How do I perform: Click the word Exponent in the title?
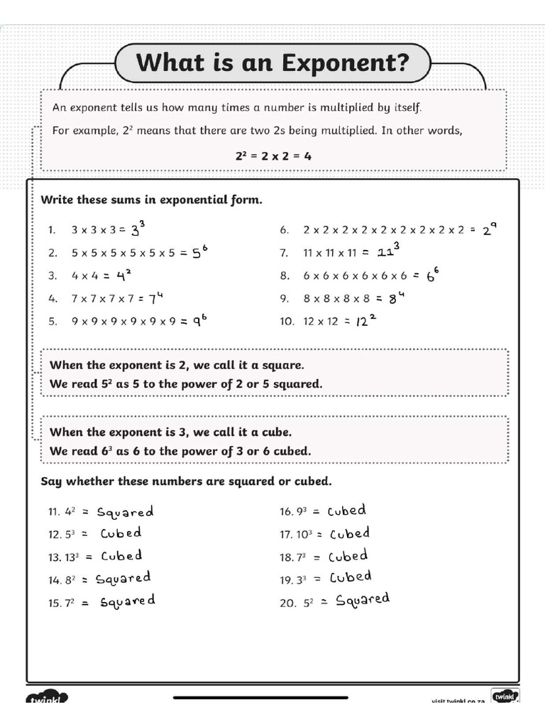(346, 62)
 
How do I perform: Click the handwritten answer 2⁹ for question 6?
(490, 229)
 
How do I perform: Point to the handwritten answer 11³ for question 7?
(388, 251)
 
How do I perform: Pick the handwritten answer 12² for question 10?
(365, 320)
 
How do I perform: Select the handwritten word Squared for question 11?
(125, 511)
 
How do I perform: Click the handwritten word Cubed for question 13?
(121, 556)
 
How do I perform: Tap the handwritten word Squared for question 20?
(363, 600)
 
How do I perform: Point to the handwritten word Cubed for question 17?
(348, 533)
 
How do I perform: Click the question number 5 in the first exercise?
(53, 321)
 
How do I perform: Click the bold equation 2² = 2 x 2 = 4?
(273, 155)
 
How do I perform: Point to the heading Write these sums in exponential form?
(151, 199)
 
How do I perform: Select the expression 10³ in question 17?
(305, 535)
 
